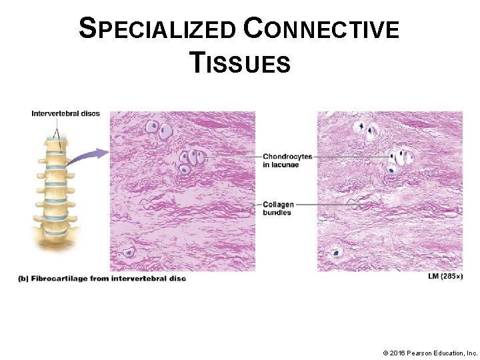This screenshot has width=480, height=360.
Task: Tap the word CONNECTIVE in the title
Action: [321, 29]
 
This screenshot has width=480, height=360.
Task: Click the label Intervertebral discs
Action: [65, 113]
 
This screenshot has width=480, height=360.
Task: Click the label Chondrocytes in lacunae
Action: [287, 161]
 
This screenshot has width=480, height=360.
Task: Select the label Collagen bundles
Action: [278, 208]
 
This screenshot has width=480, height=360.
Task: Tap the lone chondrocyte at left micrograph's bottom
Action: [129, 252]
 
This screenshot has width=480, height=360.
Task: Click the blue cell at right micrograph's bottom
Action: [337, 253]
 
